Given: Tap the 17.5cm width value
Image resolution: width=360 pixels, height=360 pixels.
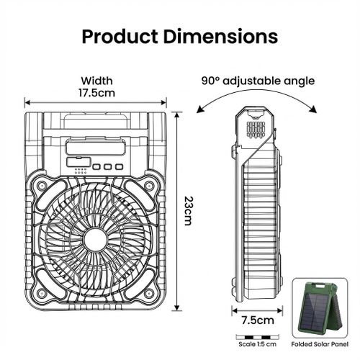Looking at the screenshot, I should point(97,93).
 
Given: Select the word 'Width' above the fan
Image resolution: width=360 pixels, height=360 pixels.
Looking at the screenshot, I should point(97,81).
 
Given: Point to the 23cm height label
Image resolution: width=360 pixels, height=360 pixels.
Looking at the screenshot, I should point(188,211).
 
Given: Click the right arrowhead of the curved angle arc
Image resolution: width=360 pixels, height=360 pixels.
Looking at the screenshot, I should point(315,110).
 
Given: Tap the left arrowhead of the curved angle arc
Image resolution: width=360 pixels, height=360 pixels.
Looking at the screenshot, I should point(199,110).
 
